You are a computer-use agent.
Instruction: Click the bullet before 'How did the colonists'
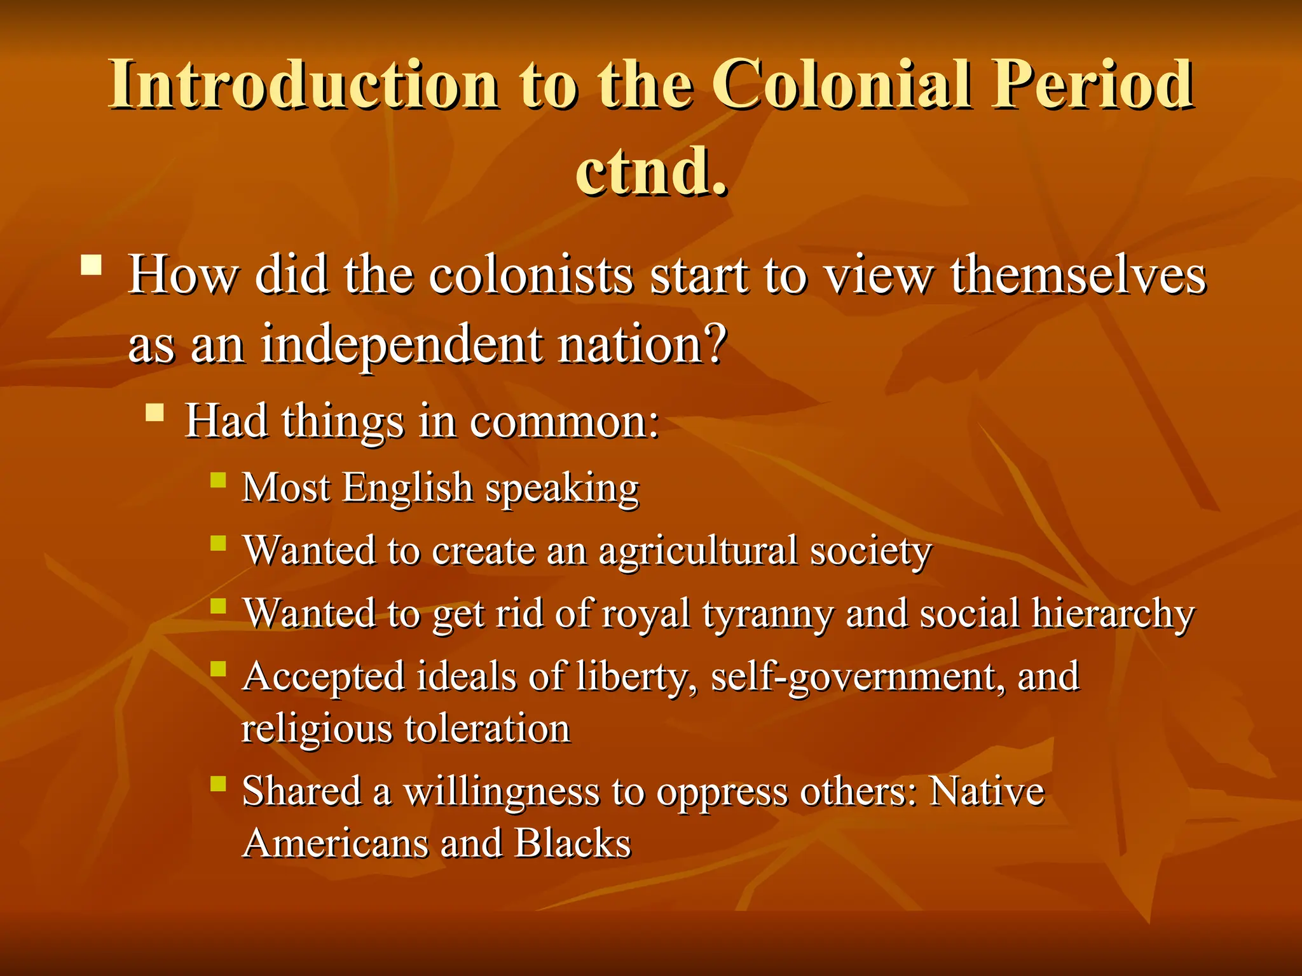(x=92, y=264)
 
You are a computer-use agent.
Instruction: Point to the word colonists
(x=531, y=276)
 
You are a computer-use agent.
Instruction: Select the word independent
(x=402, y=345)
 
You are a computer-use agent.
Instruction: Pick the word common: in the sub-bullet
(x=564, y=422)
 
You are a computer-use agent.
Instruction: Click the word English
(x=408, y=488)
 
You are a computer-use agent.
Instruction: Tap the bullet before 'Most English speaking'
(x=218, y=479)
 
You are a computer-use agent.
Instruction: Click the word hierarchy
(x=1113, y=615)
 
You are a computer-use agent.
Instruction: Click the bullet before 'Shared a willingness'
(x=218, y=783)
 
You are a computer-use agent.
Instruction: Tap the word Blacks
(x=572, y=844)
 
